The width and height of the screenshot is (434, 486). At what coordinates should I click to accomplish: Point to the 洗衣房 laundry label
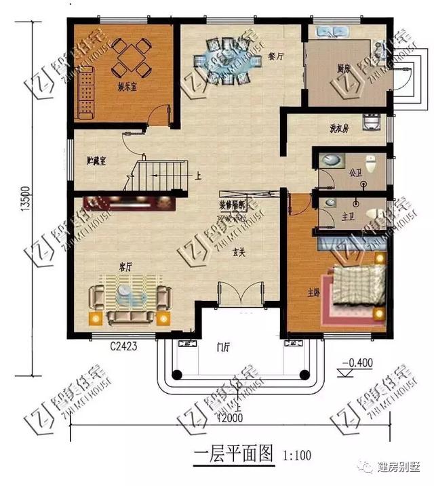click(339, 127)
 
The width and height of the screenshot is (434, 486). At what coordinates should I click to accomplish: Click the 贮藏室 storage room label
click(99, 160)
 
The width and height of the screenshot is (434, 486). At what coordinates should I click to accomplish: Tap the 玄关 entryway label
click(239, 252)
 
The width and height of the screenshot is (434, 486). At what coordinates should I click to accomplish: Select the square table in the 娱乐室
click(132, 58)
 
